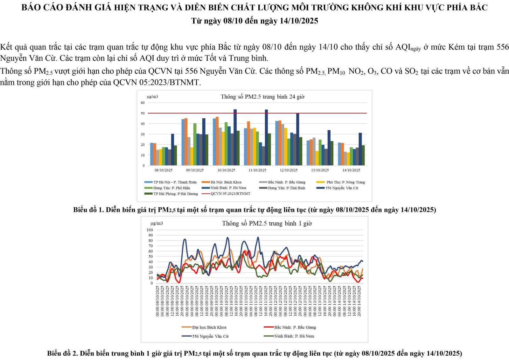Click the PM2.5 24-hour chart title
(x=262, y=97)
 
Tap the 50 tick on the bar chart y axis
(x=143, y=113)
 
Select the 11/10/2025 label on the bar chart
(x=257, y=170)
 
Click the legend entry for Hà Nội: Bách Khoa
(x=226, y=182)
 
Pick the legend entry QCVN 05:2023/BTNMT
(x=230, y=194)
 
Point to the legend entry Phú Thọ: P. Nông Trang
(x=345, y=182)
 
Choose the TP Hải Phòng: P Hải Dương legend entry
(x=175, y=194)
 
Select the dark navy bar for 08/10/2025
(x=172, y=149)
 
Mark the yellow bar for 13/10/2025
(x=317, y=158)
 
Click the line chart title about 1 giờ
(x=267, y=224)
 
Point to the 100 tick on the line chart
(x=150, y=230)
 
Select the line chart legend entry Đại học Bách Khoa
(x=209, y=327)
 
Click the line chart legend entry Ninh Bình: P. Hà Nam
(x=294, y=336)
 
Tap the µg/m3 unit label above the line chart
(x=157, y=224)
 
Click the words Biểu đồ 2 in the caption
(x=62, y=353)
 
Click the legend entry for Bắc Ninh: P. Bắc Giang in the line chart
(x=295, y=327)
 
